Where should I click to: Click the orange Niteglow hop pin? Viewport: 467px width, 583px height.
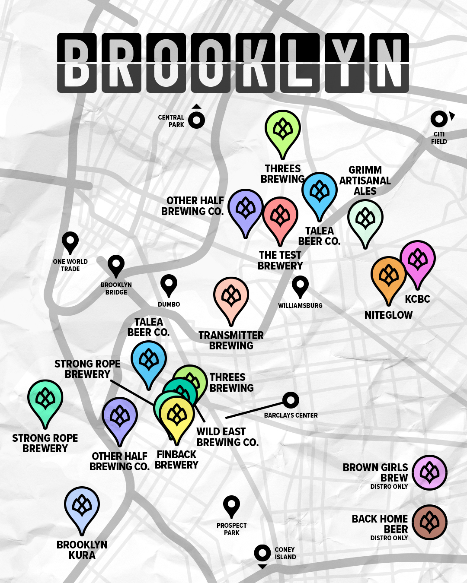(388, 276)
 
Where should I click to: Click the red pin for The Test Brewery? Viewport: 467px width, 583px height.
(280, 216)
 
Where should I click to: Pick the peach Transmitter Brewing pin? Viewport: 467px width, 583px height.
(231, 297)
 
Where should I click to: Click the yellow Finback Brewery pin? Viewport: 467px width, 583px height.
(176, 416)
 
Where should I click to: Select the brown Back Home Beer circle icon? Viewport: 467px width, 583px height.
(429, 522)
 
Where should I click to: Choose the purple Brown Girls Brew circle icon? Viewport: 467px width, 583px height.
(429, 472)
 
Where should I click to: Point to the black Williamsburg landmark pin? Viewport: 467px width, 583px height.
(300, 285)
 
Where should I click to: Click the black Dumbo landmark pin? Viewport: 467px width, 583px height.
(169, 284)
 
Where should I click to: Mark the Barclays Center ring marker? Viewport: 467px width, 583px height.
(291, 400)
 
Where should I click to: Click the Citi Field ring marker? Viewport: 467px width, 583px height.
(439, 119)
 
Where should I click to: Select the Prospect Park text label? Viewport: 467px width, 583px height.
(232, 529)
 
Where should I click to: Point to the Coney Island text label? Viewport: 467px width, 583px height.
(285, 553)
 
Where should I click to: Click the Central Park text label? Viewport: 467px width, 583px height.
(171, 121)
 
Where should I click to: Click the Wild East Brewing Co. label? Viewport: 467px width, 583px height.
(227, 437)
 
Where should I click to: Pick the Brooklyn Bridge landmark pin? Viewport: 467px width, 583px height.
(116, 264)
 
